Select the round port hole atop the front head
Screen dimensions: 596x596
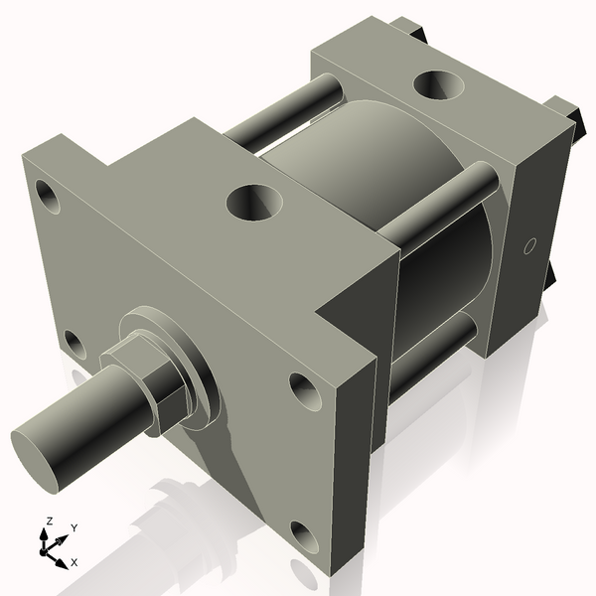click(x=253, y=204)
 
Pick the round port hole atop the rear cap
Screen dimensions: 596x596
click(x=436, y=85)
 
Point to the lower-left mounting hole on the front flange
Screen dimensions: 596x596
click(x=74, y=344)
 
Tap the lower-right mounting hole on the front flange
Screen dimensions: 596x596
click(x=305, y=537)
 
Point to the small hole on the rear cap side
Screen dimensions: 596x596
click(x=529, y=244)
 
